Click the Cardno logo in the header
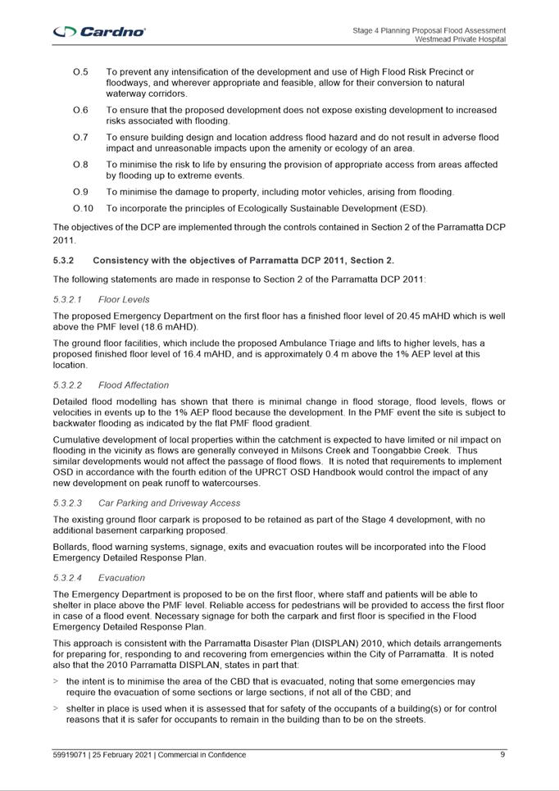coord(99,31)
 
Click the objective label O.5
coord(80,72)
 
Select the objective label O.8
coord(80,165)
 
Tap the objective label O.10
coord(83,208)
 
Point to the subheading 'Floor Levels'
coord(124,299)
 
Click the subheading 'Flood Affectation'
coord(134,385)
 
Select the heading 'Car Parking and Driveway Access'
coord(170,503)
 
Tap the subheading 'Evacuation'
coord(121,578)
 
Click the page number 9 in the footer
coord(502,755)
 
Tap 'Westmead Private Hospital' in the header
coord(460,39)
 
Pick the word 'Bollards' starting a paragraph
coord(71,547)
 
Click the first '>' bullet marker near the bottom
coord(56,681)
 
